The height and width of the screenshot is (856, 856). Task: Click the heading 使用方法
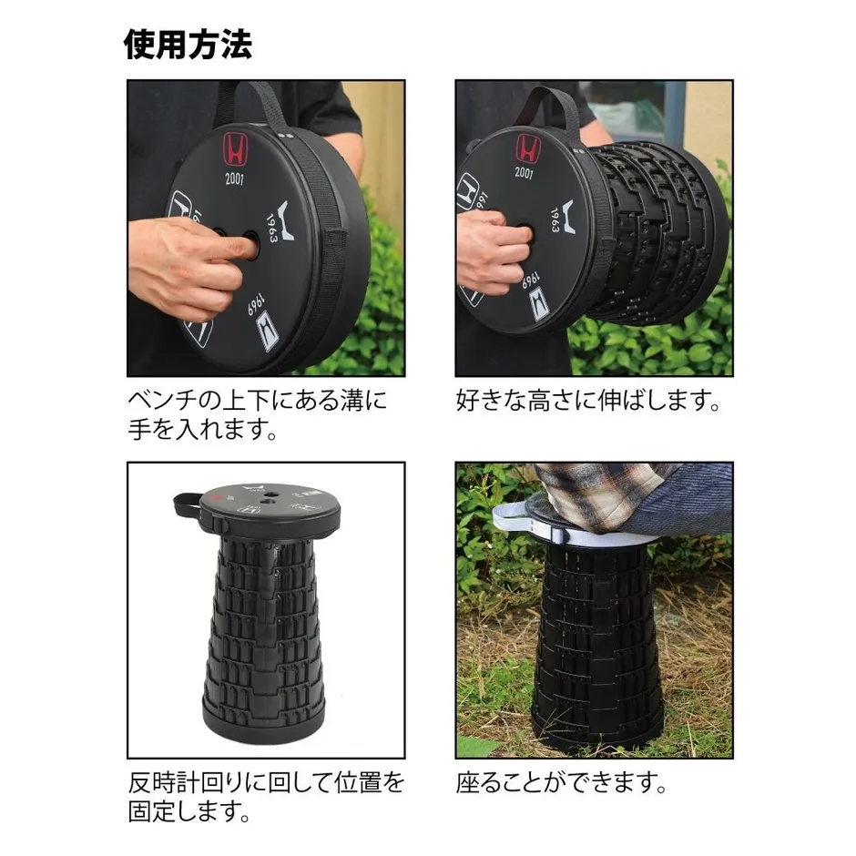(x=188, y=44)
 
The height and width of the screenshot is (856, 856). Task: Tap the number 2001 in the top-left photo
(x=236, y=178)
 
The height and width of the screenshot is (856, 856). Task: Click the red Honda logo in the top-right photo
(x=527, y=147)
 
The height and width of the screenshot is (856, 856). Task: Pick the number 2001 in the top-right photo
(x=525, y=172)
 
